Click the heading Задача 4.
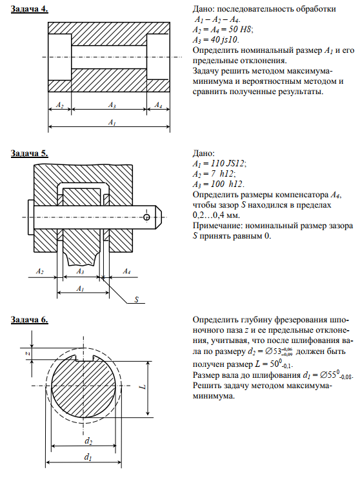30,9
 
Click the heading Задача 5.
30,153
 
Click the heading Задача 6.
30,320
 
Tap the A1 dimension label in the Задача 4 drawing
112,122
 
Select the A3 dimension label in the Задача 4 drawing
112,105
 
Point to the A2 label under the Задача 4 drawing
59,105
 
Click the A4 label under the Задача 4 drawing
158,105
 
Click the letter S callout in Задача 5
137,299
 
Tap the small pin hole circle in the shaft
146,217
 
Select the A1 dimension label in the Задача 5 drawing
80,288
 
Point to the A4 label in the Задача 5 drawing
126,271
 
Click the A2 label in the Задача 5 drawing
40,271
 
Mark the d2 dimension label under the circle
88,441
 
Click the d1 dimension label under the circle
88,457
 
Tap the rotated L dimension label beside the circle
143,387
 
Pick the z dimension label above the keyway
28,353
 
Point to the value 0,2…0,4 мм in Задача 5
216,215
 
